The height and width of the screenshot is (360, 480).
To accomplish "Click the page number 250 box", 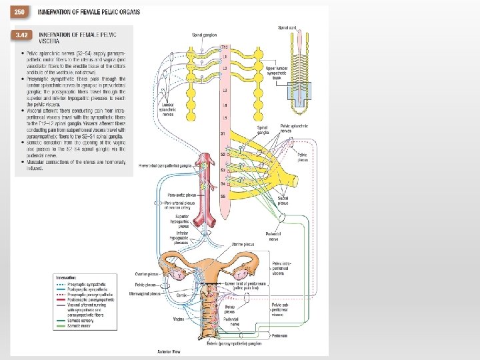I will [x=20, y=12].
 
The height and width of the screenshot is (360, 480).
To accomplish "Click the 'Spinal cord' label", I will [x=287, y=27].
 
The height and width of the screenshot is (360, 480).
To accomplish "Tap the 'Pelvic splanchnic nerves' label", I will [x=295, y=128].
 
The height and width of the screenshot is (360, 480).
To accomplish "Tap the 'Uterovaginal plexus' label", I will [x=145, y=293].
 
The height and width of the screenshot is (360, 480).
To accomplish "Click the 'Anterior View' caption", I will [x=167, y=351].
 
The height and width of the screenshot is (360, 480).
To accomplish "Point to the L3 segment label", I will [x=224, y=89].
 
